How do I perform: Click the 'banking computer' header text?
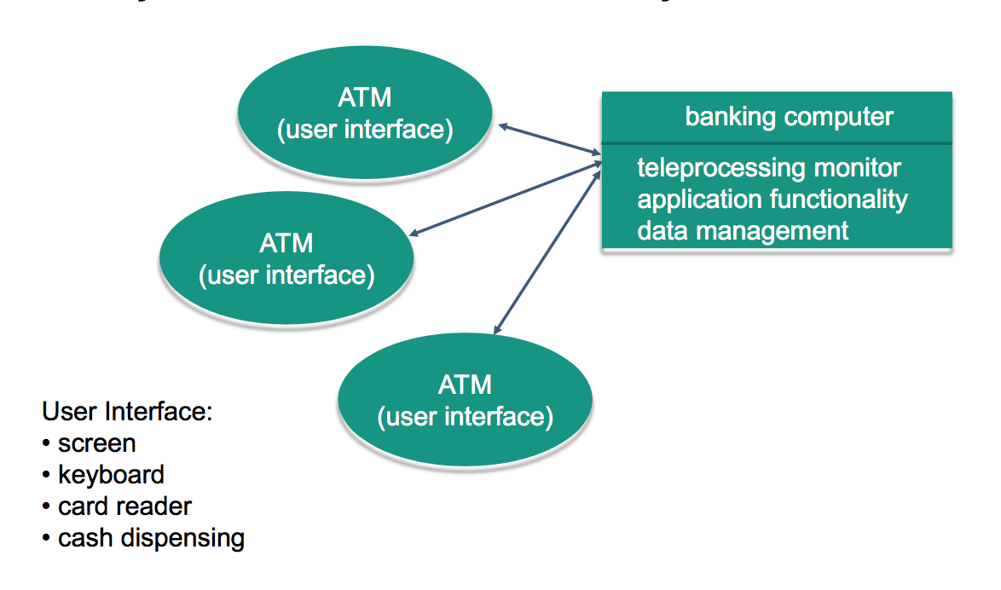789,117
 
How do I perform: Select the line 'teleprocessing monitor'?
768,168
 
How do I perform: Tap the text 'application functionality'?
772,200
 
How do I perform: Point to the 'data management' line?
743,230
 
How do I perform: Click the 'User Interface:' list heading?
127,412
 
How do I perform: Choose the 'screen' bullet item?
96,443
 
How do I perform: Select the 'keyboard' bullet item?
111,475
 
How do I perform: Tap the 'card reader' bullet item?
124,506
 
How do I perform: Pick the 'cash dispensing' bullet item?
151,538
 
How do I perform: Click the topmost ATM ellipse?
365,113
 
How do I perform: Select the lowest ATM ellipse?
465,400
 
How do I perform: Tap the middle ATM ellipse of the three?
286,259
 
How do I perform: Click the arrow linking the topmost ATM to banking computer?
551,140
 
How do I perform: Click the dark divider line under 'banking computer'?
776,143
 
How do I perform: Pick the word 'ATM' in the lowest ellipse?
465,385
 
